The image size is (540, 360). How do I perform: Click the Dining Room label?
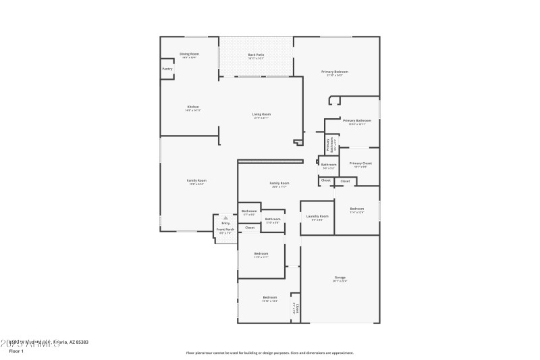(189, 54)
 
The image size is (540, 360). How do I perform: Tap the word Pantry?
(167, 69)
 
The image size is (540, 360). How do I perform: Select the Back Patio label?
(256, 54)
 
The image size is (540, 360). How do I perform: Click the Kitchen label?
(193, 107)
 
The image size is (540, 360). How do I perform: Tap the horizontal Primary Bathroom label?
(357, 120)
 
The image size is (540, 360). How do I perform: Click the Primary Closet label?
(360, 163)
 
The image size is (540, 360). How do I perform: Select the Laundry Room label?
(317, 216)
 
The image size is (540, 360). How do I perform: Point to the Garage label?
(340, 278)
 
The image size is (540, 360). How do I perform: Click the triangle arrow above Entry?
(225, 218)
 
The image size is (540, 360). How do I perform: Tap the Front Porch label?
(225, 230)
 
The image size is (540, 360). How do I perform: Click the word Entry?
(225, 223)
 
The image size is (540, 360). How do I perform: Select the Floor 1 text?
(16, 351)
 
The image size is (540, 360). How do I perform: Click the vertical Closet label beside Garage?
(296, 308)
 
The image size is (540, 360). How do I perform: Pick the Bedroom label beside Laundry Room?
(357, 209)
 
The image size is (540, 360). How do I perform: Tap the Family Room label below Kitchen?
(196, 180)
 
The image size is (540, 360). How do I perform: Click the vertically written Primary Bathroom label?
(329, 144)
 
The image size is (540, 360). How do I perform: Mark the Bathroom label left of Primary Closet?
(329, 164)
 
